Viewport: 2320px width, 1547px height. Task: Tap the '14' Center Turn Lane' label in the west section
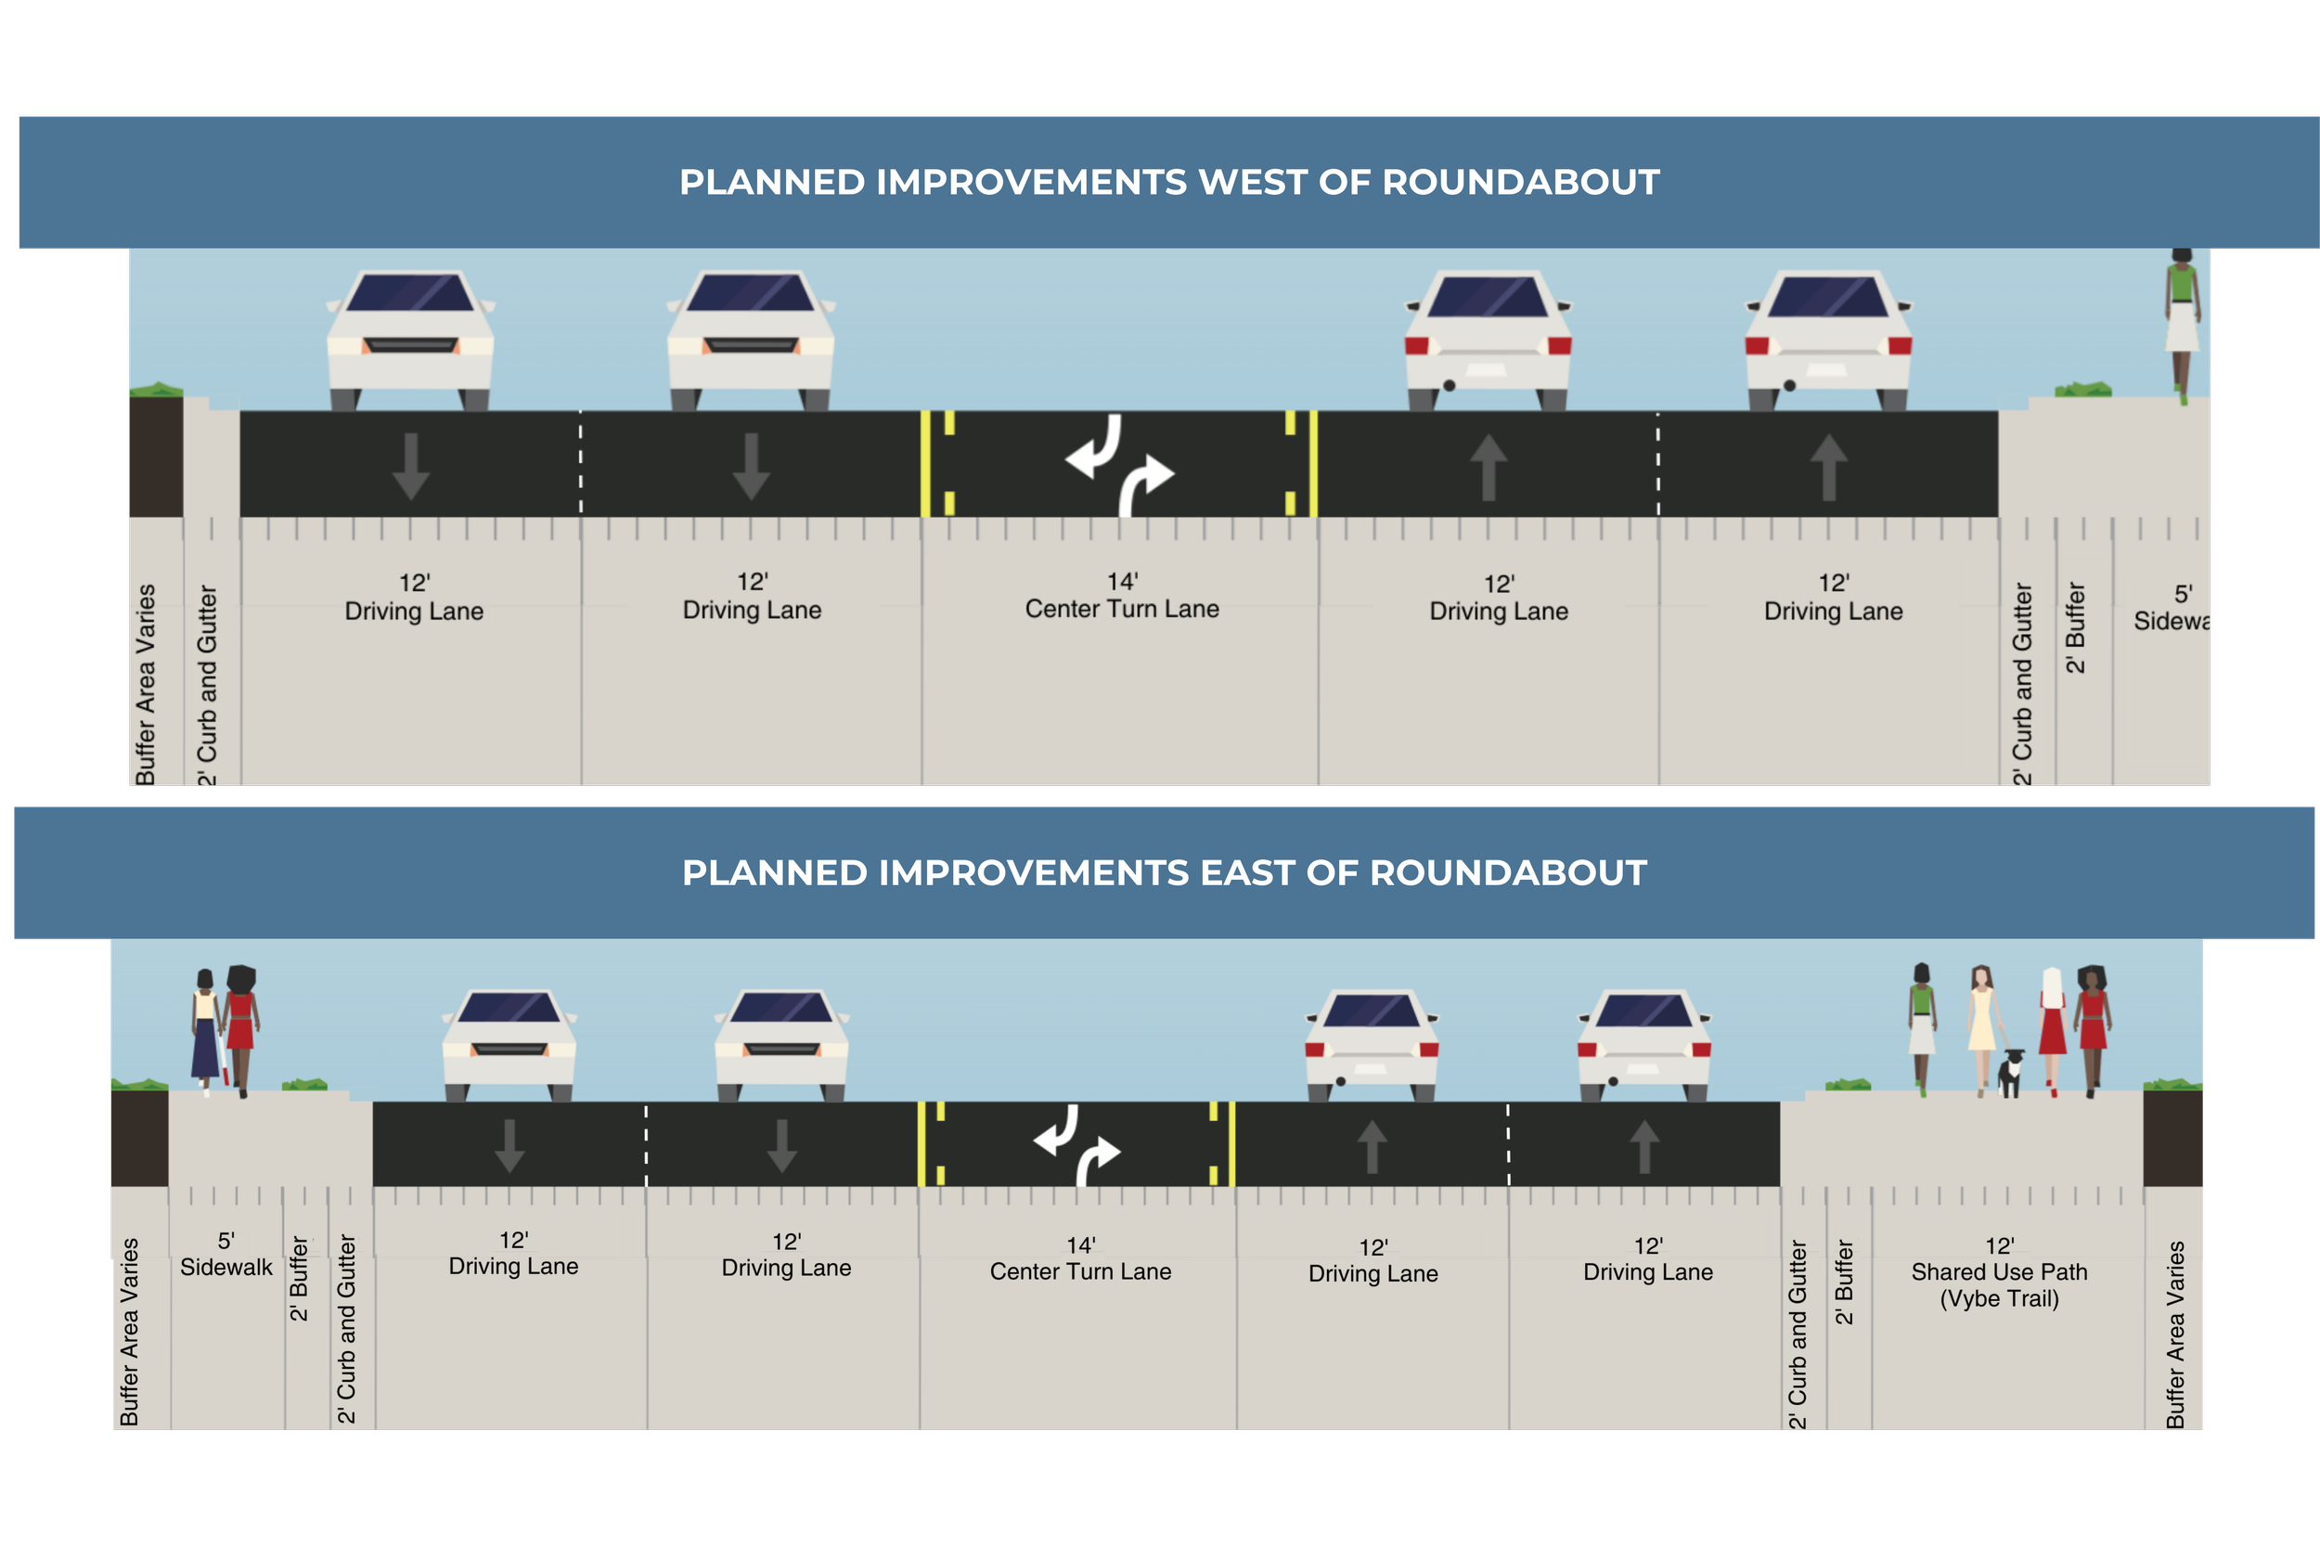click(1122, 596)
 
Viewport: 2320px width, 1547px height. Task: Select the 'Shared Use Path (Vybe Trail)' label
click(2000, 1272)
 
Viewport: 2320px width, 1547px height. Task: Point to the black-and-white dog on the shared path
click(2010, 1073)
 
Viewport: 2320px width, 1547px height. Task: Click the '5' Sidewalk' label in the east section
click(226, 1255)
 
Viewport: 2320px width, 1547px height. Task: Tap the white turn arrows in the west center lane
click(1119, 464)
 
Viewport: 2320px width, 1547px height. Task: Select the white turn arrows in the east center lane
click(1077, 1144)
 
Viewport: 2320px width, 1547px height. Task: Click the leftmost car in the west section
click(410, 341)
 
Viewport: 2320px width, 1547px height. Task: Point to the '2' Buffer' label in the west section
click(2074, 627)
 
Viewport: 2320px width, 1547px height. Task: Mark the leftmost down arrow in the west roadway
click(410, 466)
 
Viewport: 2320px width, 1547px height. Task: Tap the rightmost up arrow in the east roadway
click(1644, 1146)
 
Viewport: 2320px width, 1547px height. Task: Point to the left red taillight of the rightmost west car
click(1757, 345)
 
